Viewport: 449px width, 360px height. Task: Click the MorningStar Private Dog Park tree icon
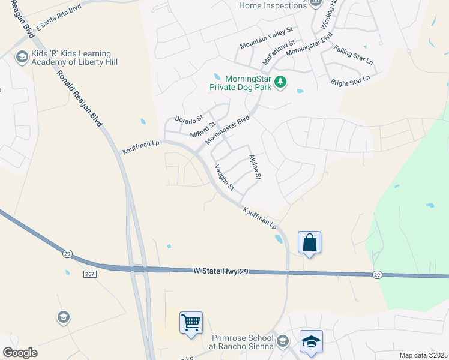click(280, 82)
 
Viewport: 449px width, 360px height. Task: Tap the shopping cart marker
click(191, 323)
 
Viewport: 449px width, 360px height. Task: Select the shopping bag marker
click(309, 243)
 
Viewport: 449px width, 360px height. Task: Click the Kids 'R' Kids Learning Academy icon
click(22, 58)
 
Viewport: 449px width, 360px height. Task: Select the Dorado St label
click(189, 119)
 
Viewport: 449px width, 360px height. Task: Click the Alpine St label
click(255, 167)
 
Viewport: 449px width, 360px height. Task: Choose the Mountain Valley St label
click(265, 37)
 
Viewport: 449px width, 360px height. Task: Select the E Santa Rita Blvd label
click(58, 20)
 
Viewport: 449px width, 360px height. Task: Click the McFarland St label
click(279, 53)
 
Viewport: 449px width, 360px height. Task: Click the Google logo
click(20, 353)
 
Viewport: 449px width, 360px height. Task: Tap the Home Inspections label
click(273, 6)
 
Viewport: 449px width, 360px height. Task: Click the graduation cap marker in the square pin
click(311, 341)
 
